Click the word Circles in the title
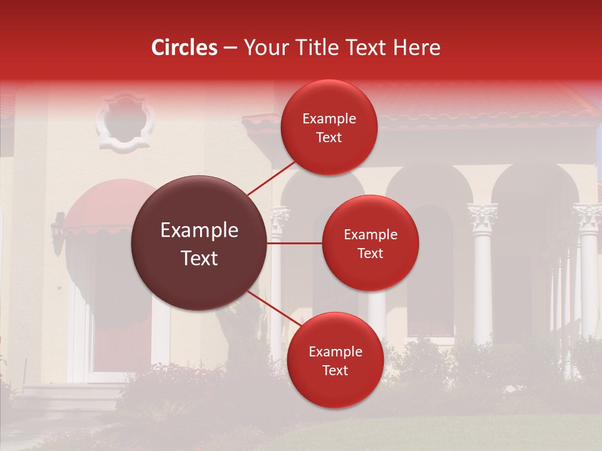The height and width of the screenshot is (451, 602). pos(184,48)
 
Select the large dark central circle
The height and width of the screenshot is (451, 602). pos(199,243)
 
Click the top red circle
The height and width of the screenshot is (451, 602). pos(329,127)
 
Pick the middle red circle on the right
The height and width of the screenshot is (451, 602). pos(370,243)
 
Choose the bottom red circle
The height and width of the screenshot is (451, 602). pos(335,360)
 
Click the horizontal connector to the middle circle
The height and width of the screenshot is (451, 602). pos(295,243)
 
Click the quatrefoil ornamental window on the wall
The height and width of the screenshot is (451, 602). pos(125,122)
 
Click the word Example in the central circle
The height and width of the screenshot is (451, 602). pos(199,231)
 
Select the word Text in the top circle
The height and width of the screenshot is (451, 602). pos(329,137)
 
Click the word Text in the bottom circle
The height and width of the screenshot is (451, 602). pos(335,370)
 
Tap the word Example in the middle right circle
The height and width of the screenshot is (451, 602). pos(370,234)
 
